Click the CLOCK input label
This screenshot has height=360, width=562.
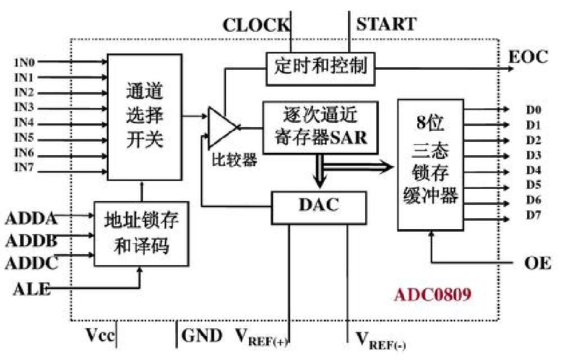point(256,25)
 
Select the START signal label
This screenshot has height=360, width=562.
point(385,24)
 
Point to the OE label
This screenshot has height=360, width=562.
point(538,263)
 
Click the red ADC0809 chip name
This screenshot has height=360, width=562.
point(432,295)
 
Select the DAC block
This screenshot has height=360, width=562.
point(318,205)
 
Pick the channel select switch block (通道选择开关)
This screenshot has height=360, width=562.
point(145,116)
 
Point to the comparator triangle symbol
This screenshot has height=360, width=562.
point(221,127)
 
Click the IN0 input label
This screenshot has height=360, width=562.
point(24,62)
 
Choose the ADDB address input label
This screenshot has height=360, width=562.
point(31,241)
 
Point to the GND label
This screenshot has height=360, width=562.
point(202,336)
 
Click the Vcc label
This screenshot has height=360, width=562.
point(100,336)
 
